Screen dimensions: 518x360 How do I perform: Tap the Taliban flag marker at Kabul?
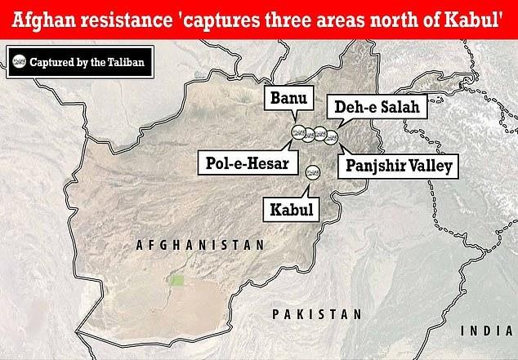pos(312,172)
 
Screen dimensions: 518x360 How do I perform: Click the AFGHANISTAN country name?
pos(202,245)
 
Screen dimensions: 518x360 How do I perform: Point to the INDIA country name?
pos(488,330)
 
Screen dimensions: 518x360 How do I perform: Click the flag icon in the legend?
pos(19,61)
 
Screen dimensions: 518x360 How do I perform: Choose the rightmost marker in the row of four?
pos(331,136)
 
